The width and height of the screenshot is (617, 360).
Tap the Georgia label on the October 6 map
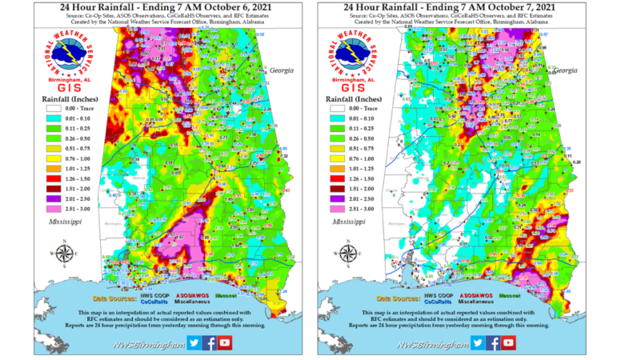[282, 70]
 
